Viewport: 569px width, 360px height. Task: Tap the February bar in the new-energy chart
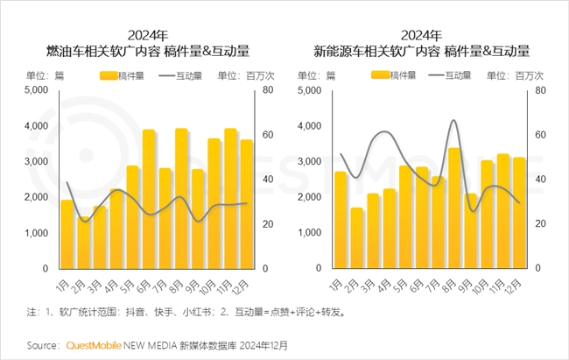click(356, 237)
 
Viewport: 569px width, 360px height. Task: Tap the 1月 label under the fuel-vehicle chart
click(63, 285)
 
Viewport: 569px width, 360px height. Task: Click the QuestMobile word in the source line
click(97, 345)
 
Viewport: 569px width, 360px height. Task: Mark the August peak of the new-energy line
click(453, 121)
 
